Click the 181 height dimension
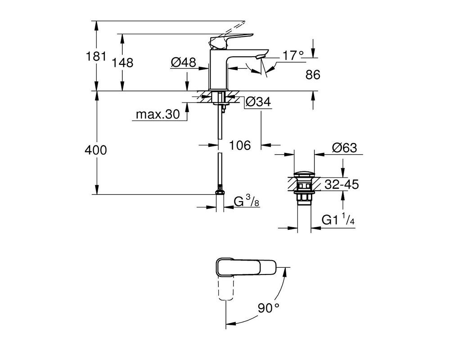[96, 56]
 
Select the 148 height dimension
[122, 63]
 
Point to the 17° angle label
[293, 55]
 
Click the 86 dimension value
[313, 75]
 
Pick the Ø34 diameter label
[258, 102]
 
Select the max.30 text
[157, 114]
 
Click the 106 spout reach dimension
[240, 145]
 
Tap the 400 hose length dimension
[96, 150]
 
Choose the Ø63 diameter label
[344, 148]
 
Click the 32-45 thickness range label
[342, 184]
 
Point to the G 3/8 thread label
[247, 201]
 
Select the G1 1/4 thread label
[338, 220]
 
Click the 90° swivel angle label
[268, 308]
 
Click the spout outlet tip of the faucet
[261, 56]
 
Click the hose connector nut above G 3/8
[220, 191]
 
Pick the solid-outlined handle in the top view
[246, 268]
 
